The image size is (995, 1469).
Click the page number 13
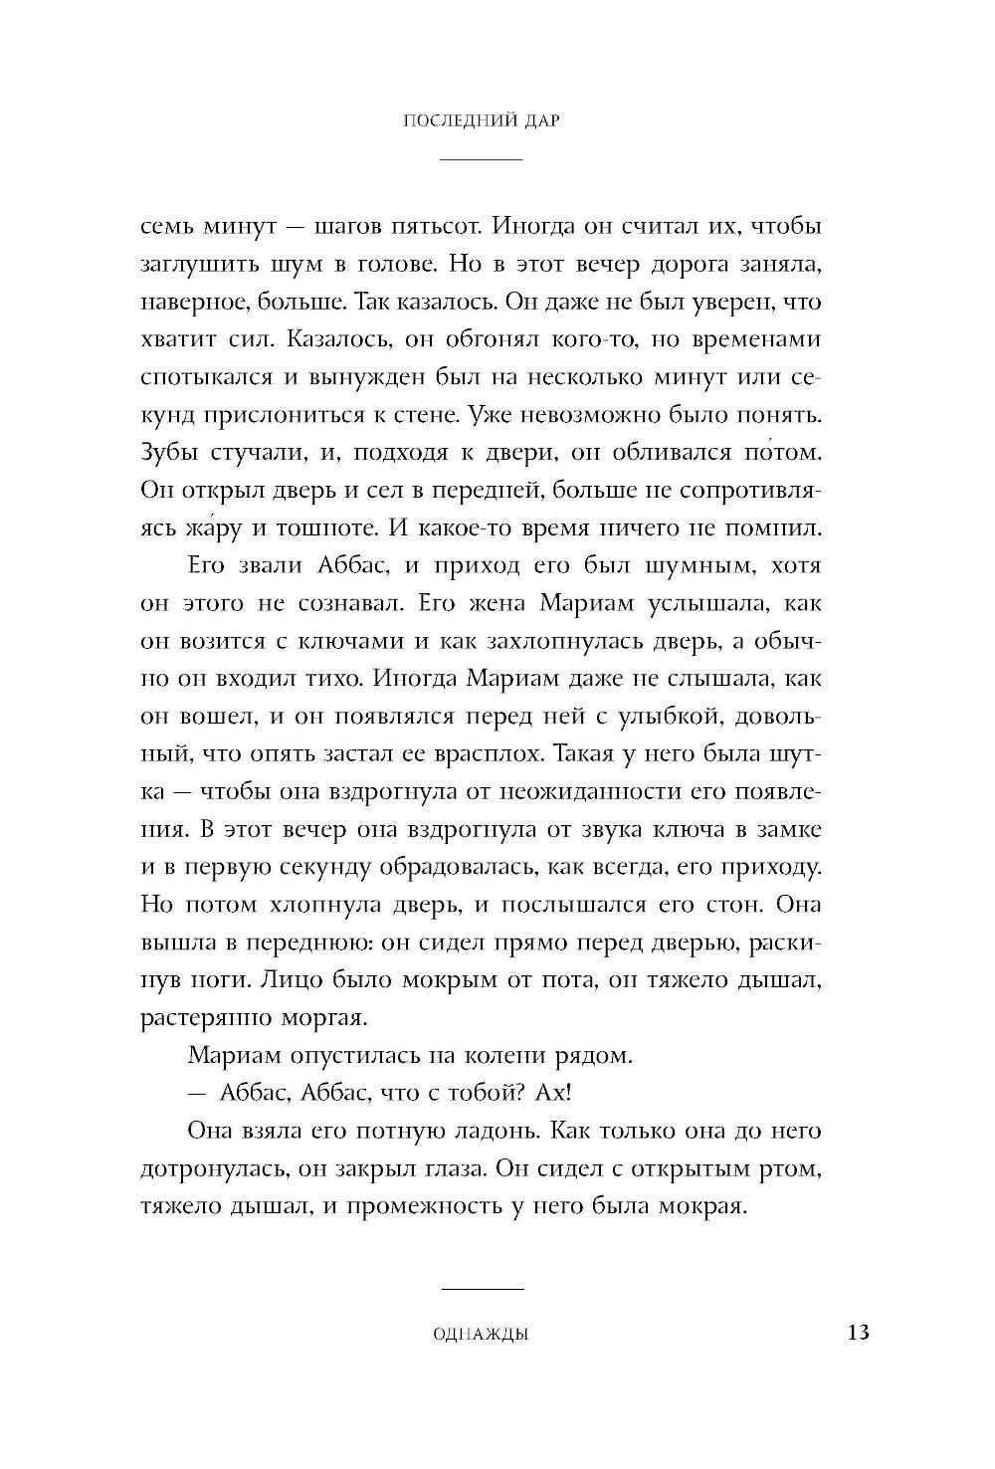(x=857, y=1332)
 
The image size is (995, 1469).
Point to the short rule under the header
(x=481, y=159)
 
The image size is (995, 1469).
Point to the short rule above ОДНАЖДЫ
(x=481, y=1290)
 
